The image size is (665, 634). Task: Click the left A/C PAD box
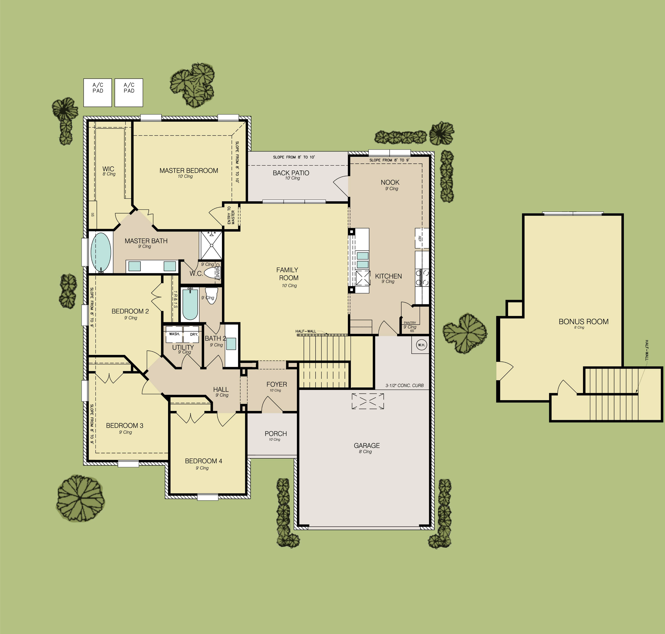(98, 93)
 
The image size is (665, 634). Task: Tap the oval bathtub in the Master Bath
(101, 252)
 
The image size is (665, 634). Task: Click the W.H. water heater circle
(421, 345)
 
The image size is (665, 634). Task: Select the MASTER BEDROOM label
(189, 171)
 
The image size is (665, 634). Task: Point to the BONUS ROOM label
(584, 321)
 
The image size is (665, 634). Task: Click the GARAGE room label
(367, 445)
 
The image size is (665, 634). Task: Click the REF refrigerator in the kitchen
(421, 238)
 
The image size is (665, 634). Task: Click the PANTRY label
(410, 323)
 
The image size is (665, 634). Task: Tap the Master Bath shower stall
(211, 245)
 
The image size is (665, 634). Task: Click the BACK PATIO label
(291, 173)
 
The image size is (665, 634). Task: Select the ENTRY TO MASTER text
(231, 215)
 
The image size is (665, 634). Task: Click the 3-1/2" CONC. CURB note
(405, 385)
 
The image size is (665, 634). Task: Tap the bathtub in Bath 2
(190, 304)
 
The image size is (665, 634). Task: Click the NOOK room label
(390, 182)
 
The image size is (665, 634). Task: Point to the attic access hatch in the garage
(368, 401)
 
